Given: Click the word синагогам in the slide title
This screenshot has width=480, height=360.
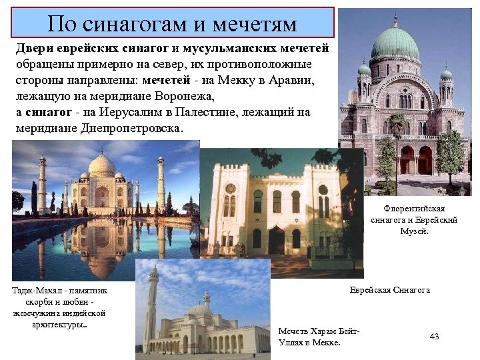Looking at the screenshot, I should click(x=137, y=23).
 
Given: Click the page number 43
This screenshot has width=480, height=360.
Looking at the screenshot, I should click(x=434, y=336).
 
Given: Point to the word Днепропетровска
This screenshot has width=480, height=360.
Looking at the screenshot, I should click(x=127, y=127).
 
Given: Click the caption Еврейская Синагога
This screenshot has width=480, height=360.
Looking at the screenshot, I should click(x=390, y=290).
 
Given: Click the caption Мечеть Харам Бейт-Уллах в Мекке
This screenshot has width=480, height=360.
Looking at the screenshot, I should click(x=318, y=337).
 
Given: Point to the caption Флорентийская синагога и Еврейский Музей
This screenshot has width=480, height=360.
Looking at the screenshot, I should click(x=414, y=220).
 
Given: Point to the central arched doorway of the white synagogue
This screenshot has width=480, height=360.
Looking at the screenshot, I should click(x=277, y=239).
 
